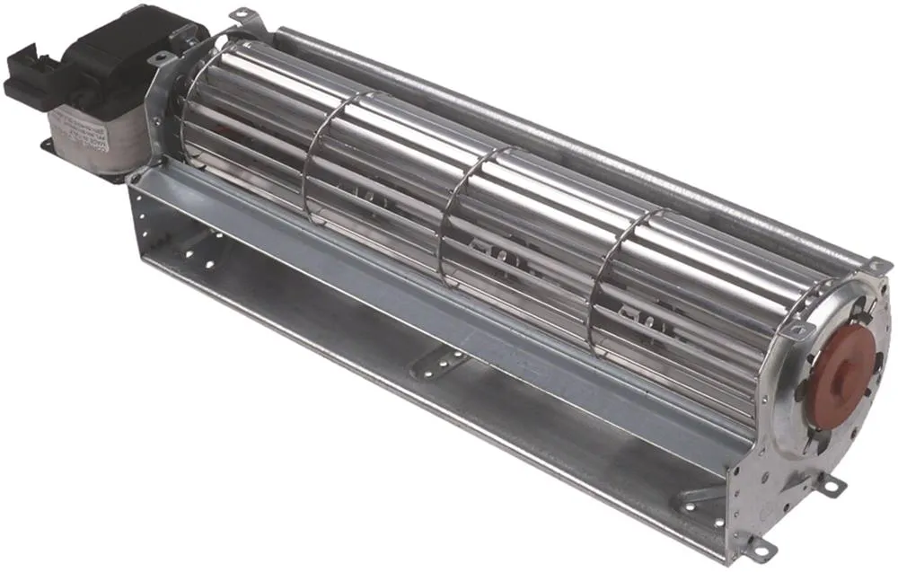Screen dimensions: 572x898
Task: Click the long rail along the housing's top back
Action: point(575,135)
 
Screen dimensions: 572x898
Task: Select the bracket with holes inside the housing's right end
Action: point(696,498)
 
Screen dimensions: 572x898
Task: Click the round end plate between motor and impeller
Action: point(166,108)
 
